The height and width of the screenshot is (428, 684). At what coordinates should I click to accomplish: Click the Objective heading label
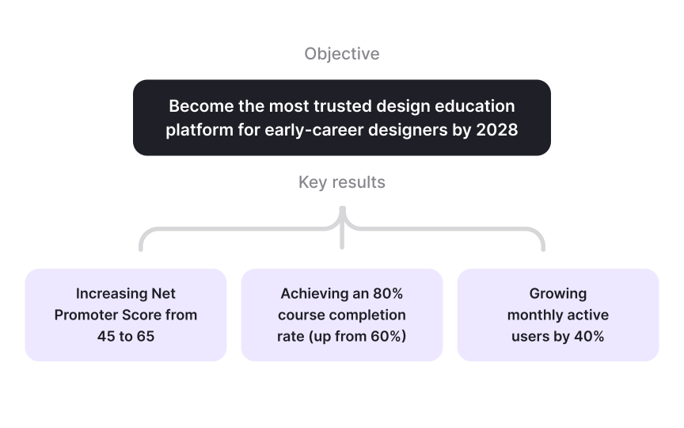tap(342, 54)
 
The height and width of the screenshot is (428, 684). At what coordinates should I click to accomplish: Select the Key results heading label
tap(342, 182)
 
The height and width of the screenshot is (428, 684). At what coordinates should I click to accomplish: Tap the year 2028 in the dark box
tap(497, 130)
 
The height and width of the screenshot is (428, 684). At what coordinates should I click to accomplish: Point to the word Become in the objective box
tap(201, 106)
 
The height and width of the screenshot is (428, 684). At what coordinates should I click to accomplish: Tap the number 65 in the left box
tap(146, 336)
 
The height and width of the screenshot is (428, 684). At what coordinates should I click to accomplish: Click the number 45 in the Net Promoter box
tap(106, 336)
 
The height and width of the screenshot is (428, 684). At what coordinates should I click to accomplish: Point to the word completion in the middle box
tap(370, 315)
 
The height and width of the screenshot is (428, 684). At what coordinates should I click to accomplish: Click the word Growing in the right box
tap(558, 293)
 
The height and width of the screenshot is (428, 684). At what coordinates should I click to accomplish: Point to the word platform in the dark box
tap(199, 130)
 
